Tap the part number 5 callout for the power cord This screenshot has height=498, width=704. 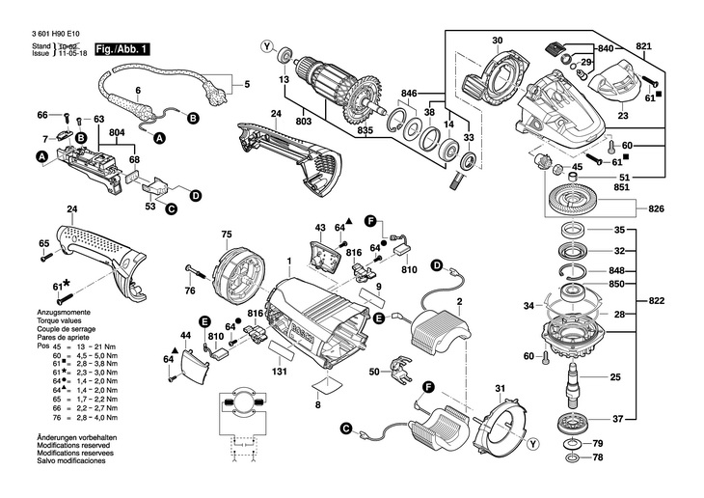(x=245, y=85)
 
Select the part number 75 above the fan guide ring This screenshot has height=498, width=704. (x=227, y=235)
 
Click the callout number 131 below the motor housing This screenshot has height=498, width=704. (x=280, y=373)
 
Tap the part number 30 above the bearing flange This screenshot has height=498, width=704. (x=497, y=41)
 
